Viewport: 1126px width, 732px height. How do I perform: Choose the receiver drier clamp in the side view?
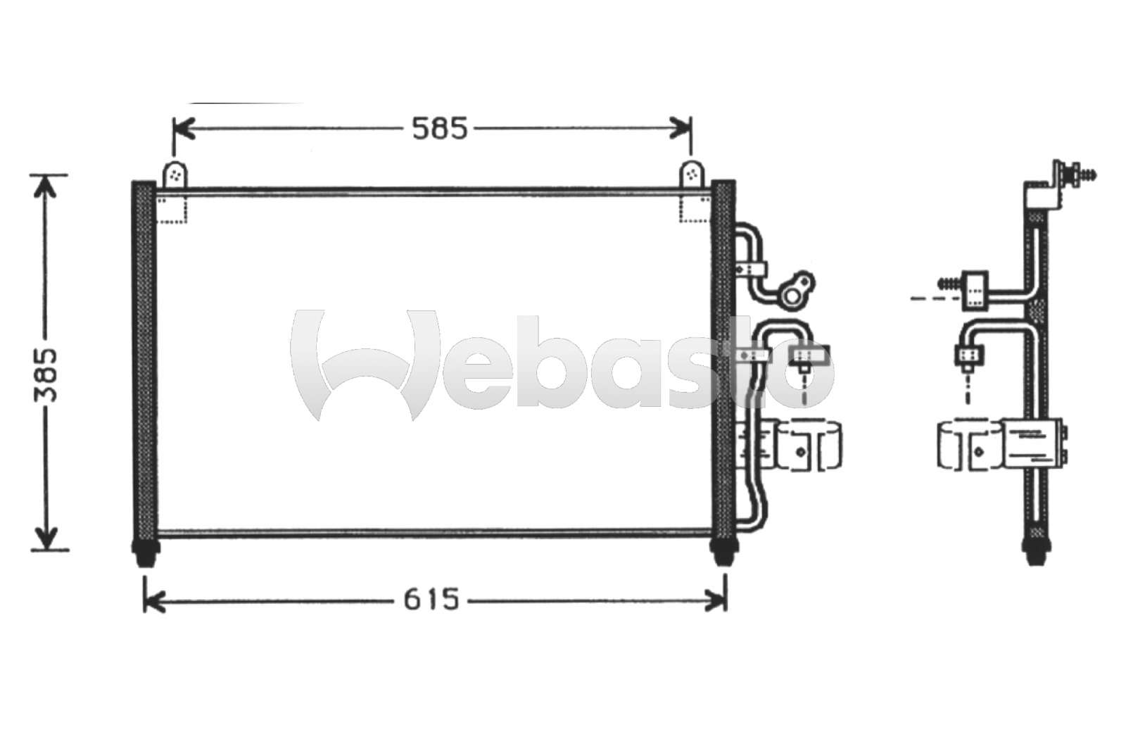[968, 443]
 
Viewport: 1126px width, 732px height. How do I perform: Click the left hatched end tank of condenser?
[144, 359]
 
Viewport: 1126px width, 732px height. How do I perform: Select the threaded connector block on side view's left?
[975, 289]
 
